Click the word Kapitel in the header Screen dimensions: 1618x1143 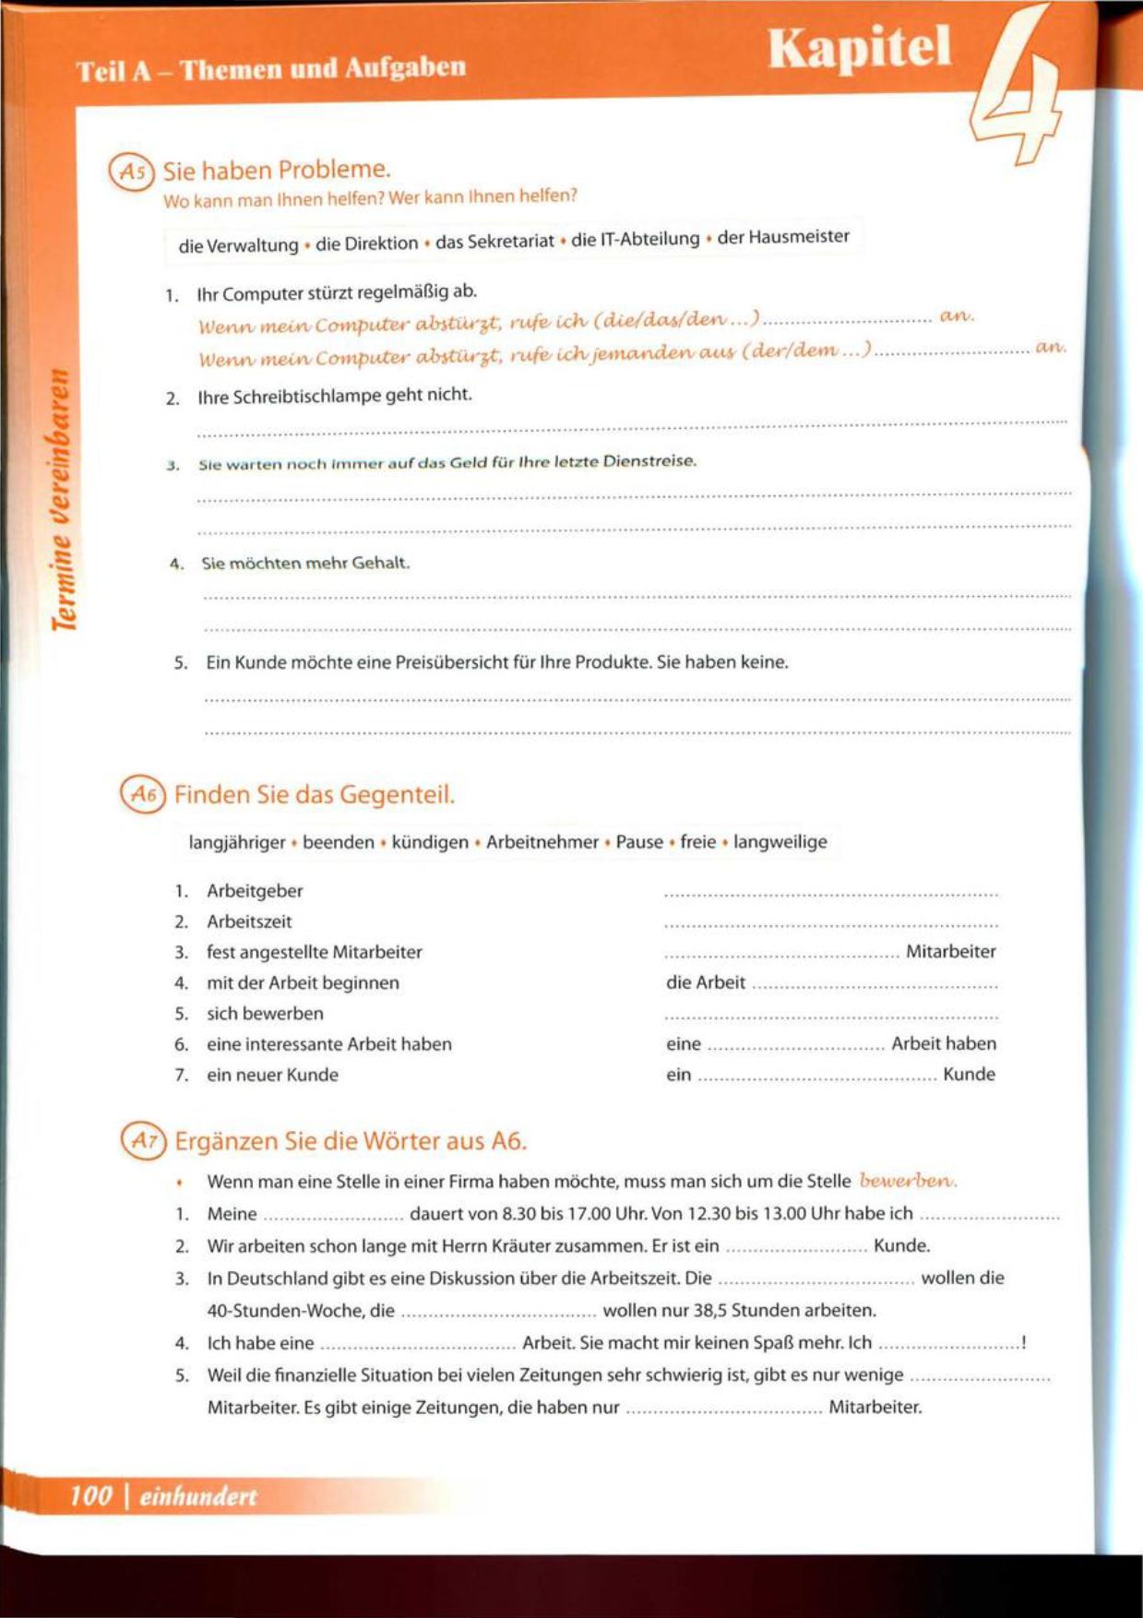pyautogui.click(x=859, y=48)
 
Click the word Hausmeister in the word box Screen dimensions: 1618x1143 pyautogui.click(x=798, y=236)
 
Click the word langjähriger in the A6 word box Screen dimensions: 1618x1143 pyautogui.click(x=237, y=842)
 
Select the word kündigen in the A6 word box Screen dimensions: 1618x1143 pyautogui.click(x=430, y=842)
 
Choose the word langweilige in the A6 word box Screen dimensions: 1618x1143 pyautogui.click(x=780, y=841)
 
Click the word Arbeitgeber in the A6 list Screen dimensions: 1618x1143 pyautogui.click(x=255, y=891)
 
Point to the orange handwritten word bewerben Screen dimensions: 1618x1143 pyautogui.click(x=908, y=1180)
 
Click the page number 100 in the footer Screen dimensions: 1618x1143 pyautogui.click(x=91, y=1495)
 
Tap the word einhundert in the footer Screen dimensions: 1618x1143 pyautogui.click(x=198, y=1496)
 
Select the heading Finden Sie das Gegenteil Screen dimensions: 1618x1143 pyautogui.click(x=315, y=794)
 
